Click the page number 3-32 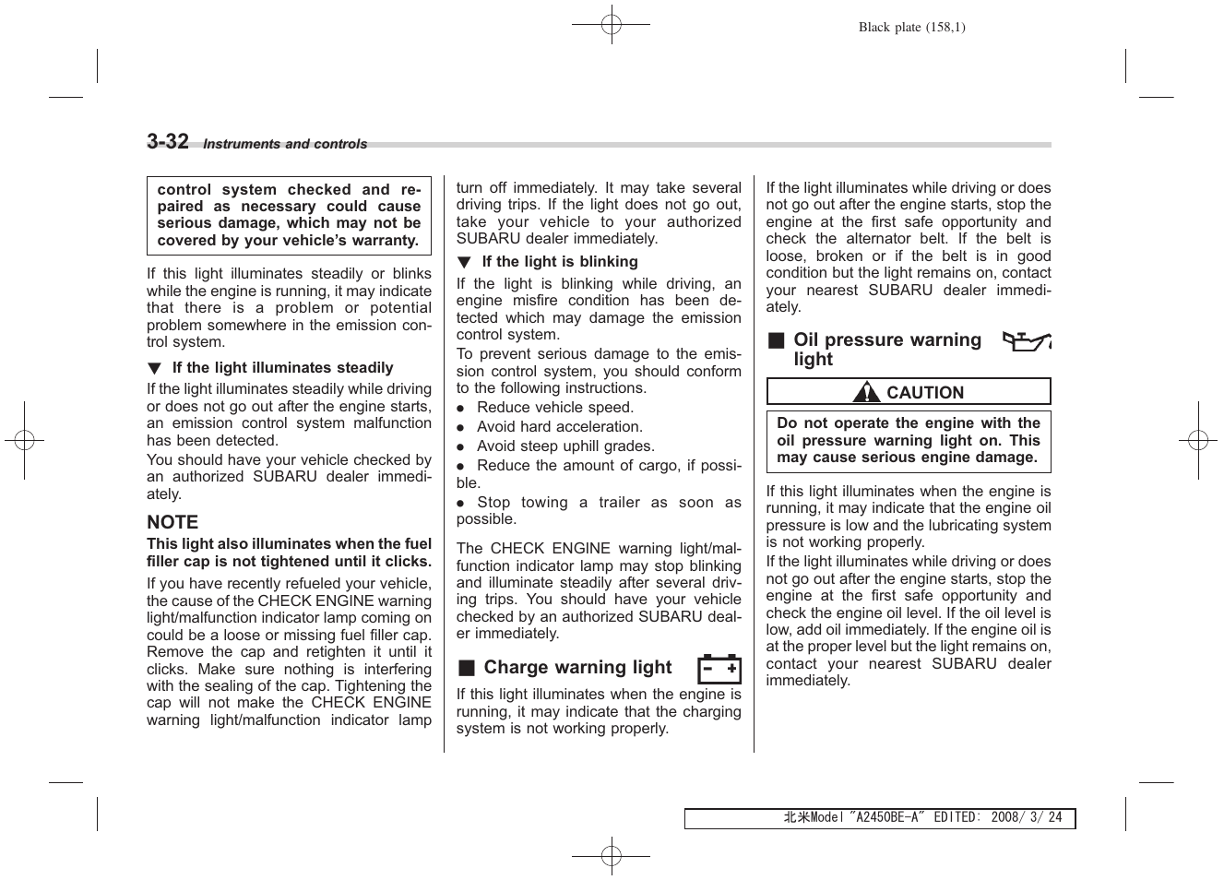click(x=168, y=141)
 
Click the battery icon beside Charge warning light click(x=719, y=668)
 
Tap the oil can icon click(x=1026, y=341)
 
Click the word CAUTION click(x=924, y=393)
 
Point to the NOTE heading click(x=172, y=522)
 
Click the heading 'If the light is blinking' click(x=559, y=262)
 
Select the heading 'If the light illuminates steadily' click(x=282, y=368)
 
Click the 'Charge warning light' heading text click(x=577, y=668)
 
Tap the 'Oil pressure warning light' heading click(x=886, y=350)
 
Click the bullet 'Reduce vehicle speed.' click(x=554, y=408)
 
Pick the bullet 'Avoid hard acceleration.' click(x=559, y=427)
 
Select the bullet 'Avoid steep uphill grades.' click(x=565, y=446)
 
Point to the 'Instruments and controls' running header click(x=285, y=145)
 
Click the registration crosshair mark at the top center click(x=611, y=25)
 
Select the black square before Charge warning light click(x=467, y=668)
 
